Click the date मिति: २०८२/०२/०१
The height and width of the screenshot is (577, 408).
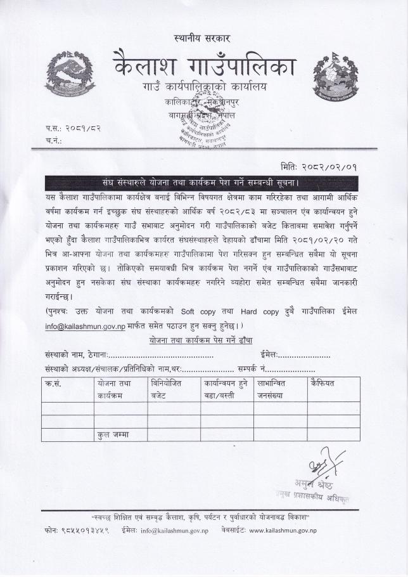[x=322, y=167]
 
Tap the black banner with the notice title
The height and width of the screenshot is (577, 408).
[x=201, y=183]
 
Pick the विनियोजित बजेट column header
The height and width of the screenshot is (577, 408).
[x=166, y=389]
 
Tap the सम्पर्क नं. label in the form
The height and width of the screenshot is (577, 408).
[x=252, y=368]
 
